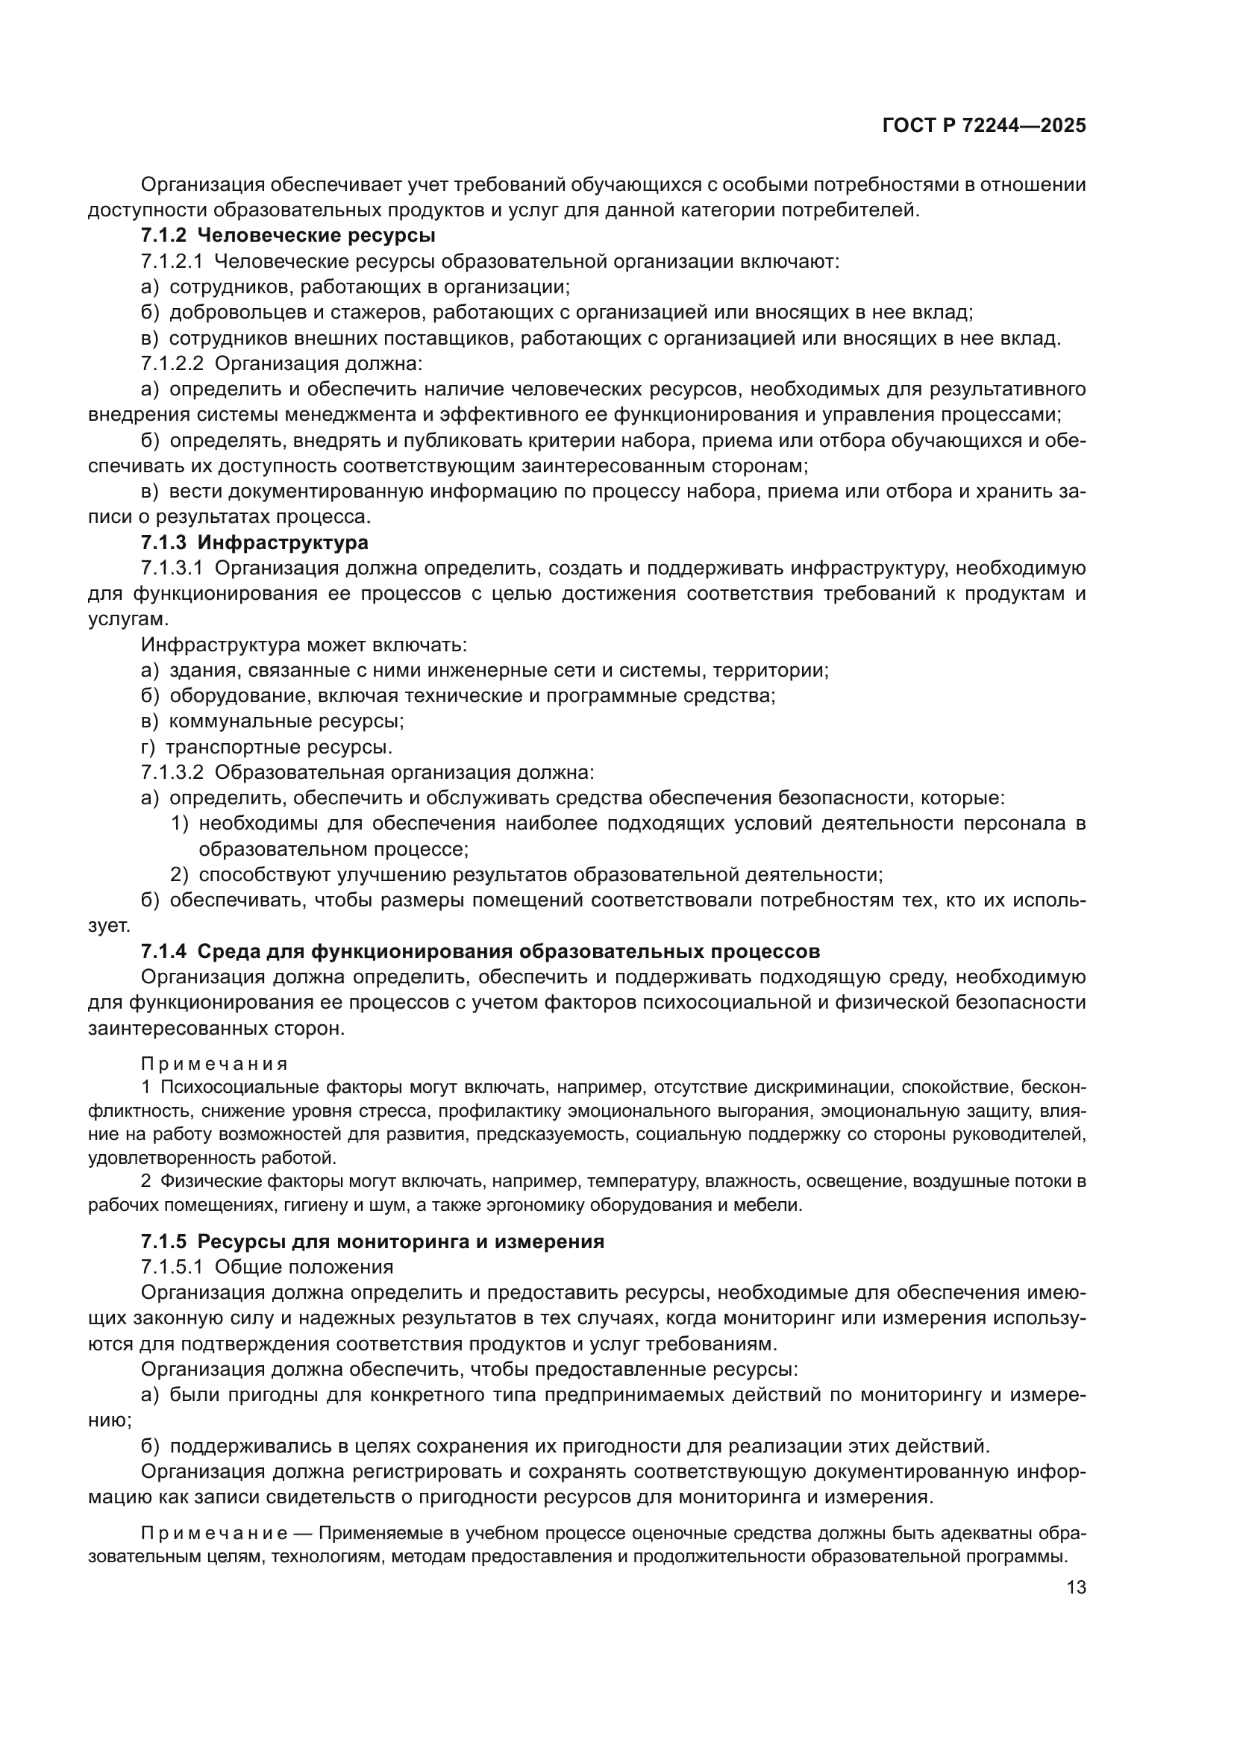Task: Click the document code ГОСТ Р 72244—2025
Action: [x=984, y=125]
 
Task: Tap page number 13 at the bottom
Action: [x=1076, y=1588]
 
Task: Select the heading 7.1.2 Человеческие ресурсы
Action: [x=288, y=236]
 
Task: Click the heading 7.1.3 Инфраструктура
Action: [x=254, y=542]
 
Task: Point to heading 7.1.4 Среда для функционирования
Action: [x=480, y=951]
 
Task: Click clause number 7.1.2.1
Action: [x=172, y=261]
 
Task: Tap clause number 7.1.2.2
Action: [x=172, y=363]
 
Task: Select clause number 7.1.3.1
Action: [x=172, y=568]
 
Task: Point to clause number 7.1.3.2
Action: [x=172, y=773]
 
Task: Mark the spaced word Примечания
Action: [x=214, y=1063]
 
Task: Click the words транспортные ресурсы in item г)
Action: [x=279, y=747]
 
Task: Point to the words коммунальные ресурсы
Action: [x=286, y=721]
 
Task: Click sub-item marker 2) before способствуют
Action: [x=179, y=875]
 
